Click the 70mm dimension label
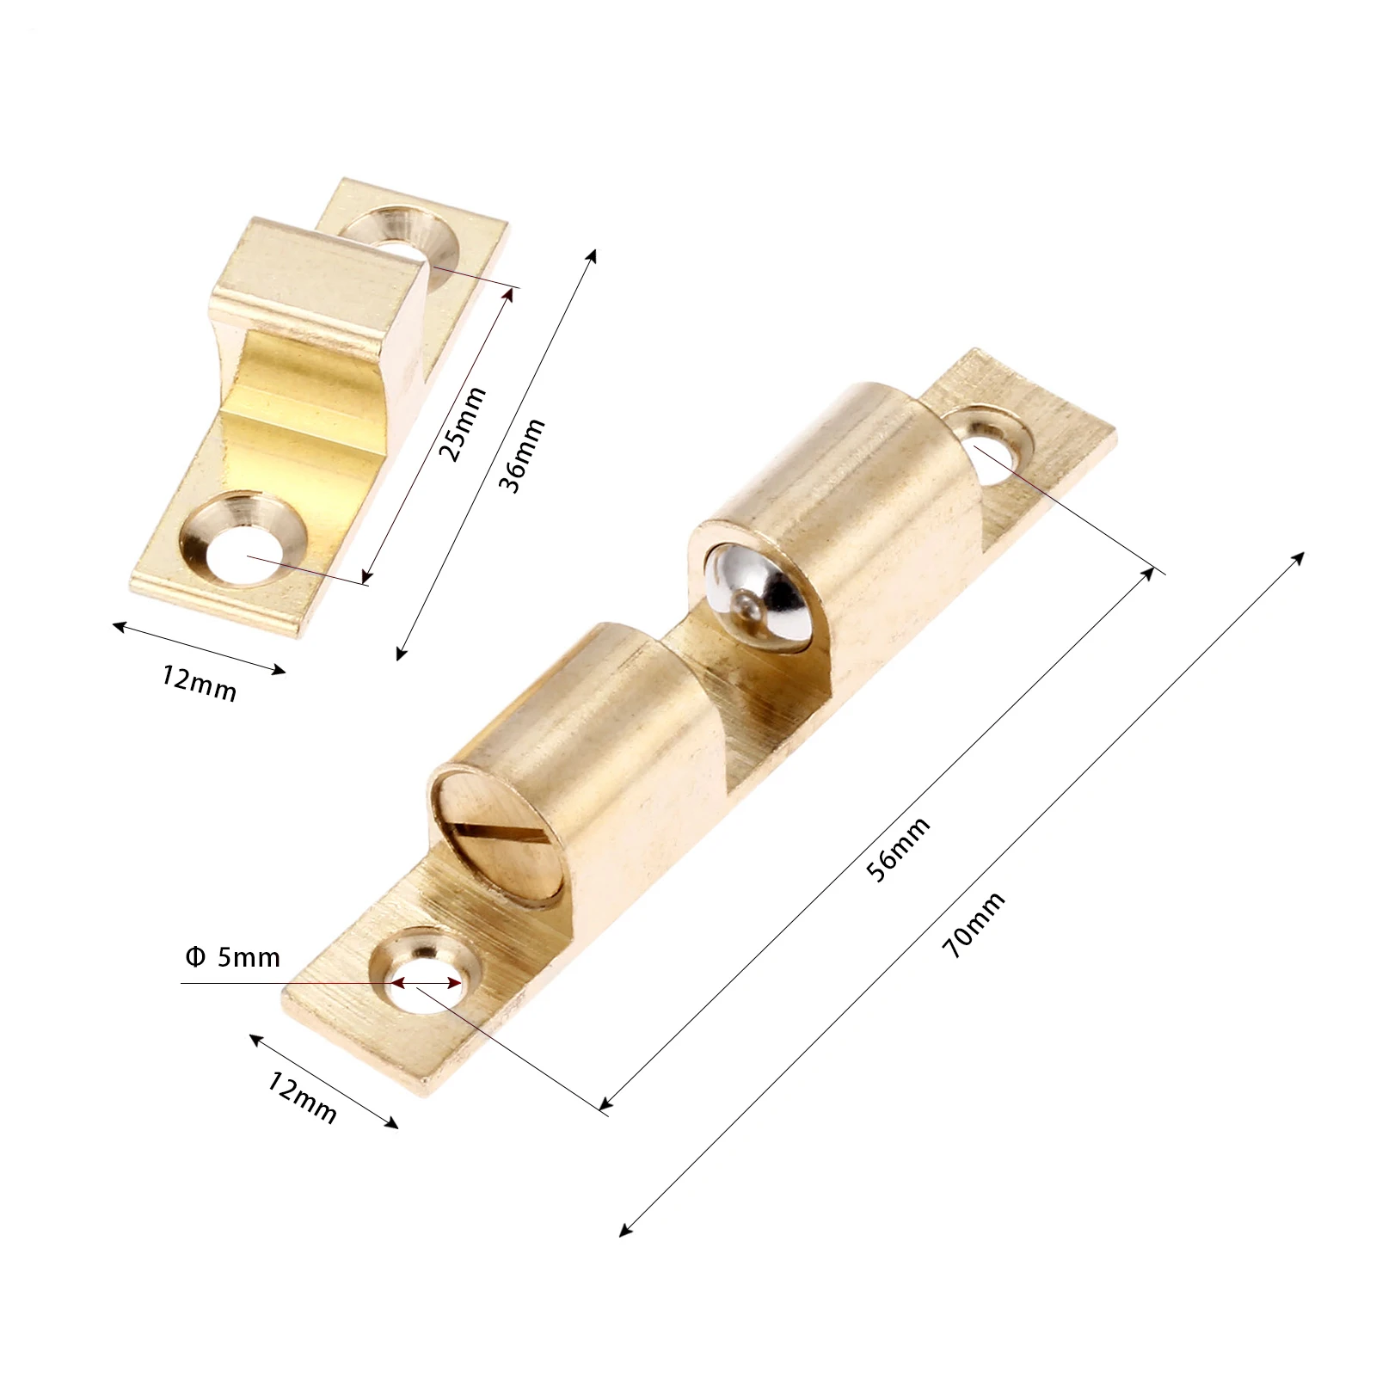pos(974,925)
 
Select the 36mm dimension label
pos(523,455)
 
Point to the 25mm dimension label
pos(464,423)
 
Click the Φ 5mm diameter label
pos(233,956)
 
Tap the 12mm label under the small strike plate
pos(199,684)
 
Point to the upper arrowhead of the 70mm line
pos(1300,556)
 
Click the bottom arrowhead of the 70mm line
pos(623,1232)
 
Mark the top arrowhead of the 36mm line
pos(593,254)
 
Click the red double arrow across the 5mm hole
pos(425,981)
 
